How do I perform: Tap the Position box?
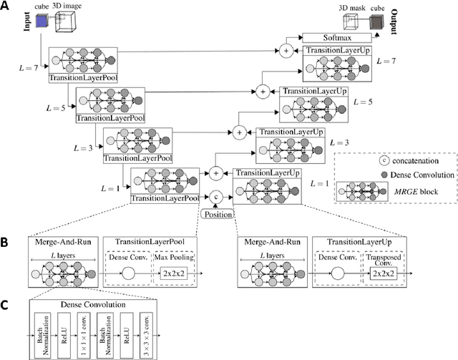tap(216, 214)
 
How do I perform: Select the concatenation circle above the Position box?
tap(215, 196)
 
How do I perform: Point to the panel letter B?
tap(6, 243)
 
